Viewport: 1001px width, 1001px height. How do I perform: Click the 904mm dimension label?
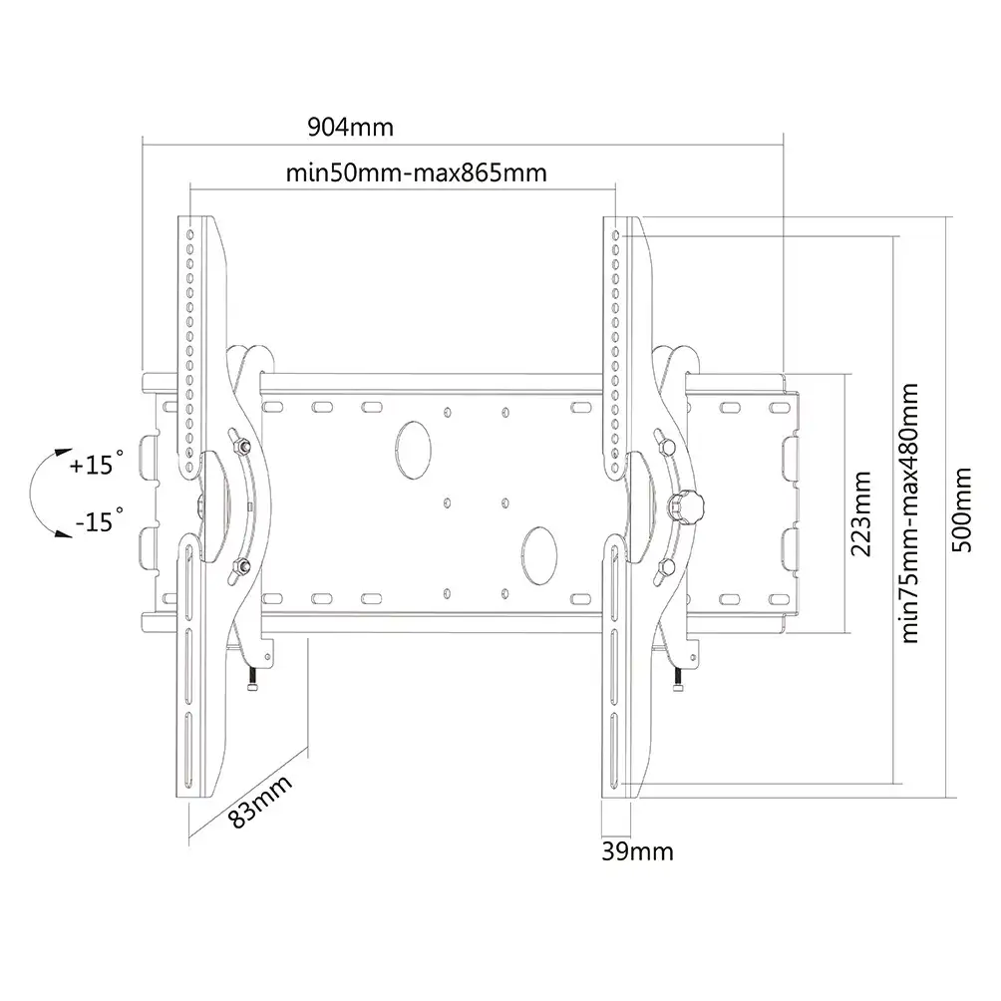coord(351,127)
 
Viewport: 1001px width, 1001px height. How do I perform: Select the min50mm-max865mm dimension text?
coord(416,173)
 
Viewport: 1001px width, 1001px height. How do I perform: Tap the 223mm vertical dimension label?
coord(861,513)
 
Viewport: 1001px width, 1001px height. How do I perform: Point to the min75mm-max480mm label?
coord(909,512)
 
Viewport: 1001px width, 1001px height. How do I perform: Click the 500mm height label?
coord(961,509)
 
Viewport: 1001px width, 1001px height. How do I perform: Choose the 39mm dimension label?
coord(637,851)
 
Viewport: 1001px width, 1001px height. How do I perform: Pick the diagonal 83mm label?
coord(260,801)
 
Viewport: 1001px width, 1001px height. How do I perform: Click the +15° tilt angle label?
coord(97,465)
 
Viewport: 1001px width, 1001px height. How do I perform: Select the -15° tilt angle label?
coord(99,520)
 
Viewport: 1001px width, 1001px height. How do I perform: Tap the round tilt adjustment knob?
coord(686,507)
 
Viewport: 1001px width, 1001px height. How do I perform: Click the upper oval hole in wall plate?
coord(413,450)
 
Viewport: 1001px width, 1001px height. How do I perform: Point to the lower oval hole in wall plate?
coord(539,555)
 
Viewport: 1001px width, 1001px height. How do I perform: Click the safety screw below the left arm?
coord(253,679)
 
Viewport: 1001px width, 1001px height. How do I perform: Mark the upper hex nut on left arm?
coord(240,444)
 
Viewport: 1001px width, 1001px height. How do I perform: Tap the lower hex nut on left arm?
coord(240,566)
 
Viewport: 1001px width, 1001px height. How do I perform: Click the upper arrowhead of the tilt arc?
coord(63,452)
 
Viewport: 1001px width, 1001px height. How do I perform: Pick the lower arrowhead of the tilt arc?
coord(63,533)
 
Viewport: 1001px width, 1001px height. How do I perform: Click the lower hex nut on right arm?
coord(665,566)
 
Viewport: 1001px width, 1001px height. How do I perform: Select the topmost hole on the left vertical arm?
coord(190,235)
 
